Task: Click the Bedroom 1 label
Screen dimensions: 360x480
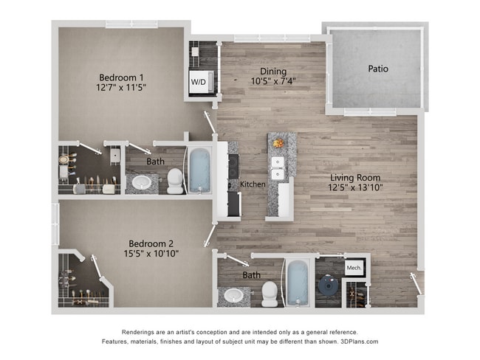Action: click(121, 77)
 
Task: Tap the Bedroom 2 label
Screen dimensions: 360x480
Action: click(151, 243)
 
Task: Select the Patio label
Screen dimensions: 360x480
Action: click(378, 69)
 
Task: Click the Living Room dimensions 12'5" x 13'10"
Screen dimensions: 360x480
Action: click(355, 187)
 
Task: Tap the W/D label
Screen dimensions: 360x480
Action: click(199, 82)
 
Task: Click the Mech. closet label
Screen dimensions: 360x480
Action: click(354, 267)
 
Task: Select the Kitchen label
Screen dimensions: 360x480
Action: click(253, 184)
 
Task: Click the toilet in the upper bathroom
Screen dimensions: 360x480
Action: click(175, 180)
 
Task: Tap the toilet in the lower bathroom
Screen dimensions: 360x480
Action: click(270, 293)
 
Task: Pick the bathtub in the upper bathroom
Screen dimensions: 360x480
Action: click(200, 170)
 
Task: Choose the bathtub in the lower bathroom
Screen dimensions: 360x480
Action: click(297, 282)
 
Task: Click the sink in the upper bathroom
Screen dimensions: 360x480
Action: click(142, 182)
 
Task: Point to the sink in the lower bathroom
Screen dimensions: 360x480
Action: click(234, 296)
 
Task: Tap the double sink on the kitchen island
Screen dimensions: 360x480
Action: click(278, 168)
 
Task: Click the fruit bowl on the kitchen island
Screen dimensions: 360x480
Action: click(278, 143)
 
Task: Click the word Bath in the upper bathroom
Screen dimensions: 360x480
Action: click(155, 161)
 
